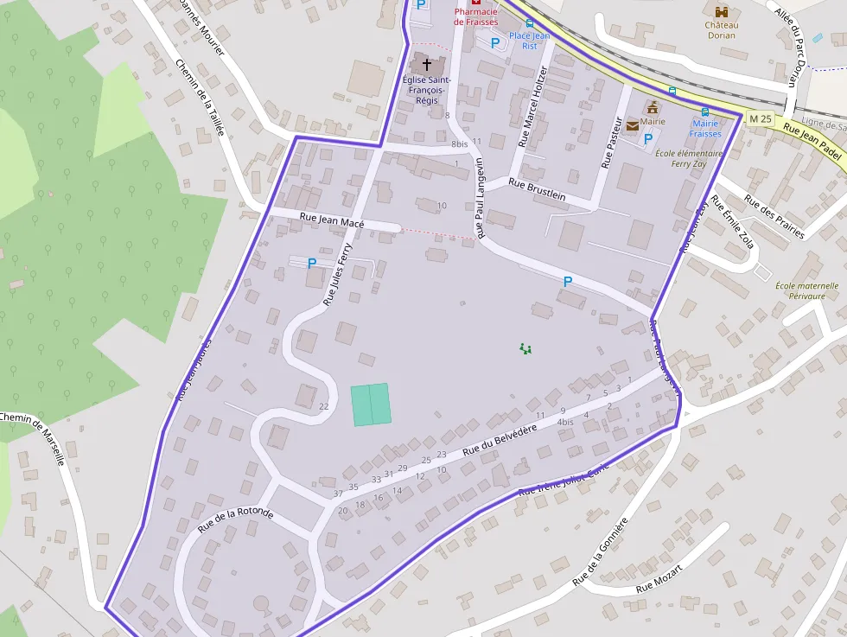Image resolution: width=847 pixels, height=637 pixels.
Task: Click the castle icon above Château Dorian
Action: (x=721, y=10)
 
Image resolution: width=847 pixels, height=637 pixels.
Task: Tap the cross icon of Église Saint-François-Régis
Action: (x=426, y=64)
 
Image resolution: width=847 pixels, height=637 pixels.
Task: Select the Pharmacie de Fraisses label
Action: (x=476, y=16)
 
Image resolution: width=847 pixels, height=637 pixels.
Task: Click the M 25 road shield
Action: (x=760, y=118)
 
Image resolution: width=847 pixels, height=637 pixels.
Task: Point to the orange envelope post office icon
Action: (x=634, y=126)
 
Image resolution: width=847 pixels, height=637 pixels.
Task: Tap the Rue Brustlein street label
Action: (x=537, y=189)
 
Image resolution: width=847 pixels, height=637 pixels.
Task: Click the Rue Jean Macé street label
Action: (x=332, y=221)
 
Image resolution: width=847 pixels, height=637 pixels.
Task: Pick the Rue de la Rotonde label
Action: (x=235, y=519)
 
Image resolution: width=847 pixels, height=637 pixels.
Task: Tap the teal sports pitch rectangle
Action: (x=371, y=404)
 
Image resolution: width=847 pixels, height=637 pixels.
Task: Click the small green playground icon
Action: (x=525, y=348)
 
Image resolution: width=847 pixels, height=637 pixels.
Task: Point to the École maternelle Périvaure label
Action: (x=806, y=290)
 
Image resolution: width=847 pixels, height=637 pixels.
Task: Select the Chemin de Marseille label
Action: (x=33, y=438)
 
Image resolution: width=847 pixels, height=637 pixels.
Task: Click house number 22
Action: (x=324, y=406)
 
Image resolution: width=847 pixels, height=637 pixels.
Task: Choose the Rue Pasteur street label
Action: (x=612, y=141)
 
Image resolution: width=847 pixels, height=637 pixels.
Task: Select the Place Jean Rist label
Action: (x=529, y=41)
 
